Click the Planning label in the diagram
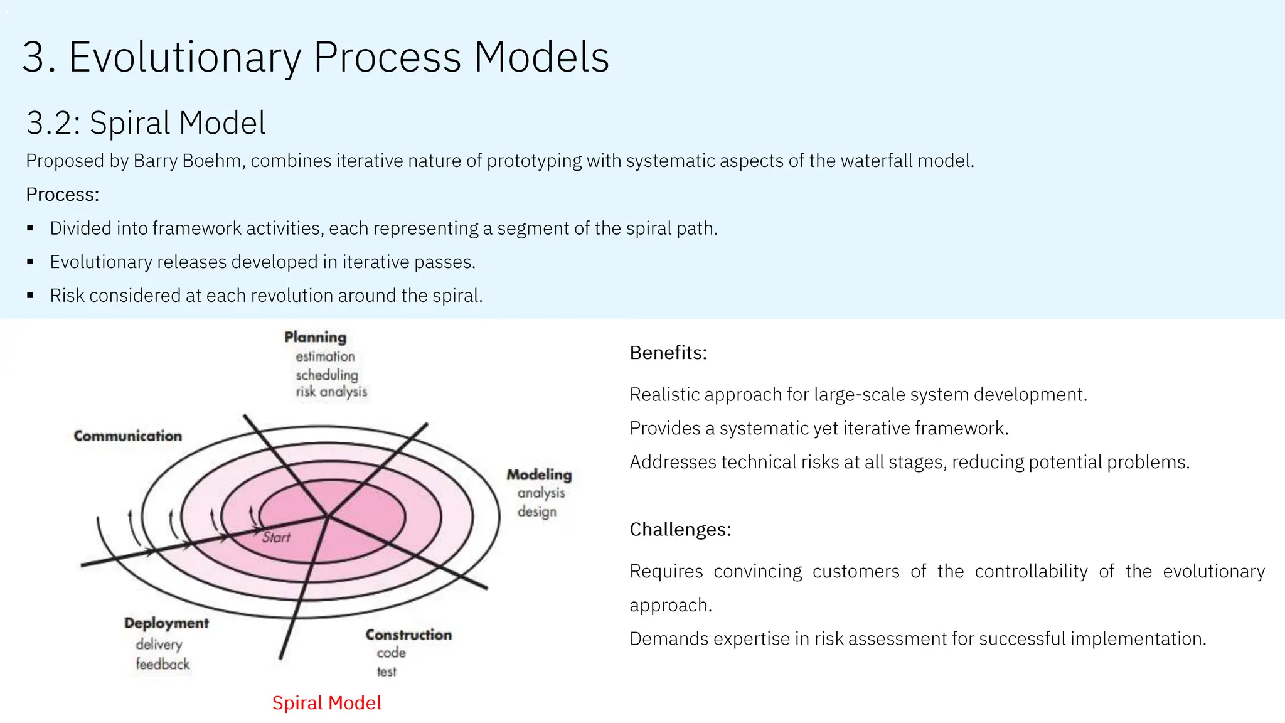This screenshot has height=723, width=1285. tap(315, 337)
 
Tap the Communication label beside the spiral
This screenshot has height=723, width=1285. tap(128, 436)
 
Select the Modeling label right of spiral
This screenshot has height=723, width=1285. tap(539, 474)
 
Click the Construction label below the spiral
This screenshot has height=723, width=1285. tap(408, 635)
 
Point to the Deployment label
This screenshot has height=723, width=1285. tap(166, 623)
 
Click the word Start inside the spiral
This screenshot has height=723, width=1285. tap(276, 537)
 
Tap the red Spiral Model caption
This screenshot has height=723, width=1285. tap(326, 702)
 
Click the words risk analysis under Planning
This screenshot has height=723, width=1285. tap(331, 392)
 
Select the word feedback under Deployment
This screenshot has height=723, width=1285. tap(163, 664)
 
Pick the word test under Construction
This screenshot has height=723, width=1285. tap(387, 672)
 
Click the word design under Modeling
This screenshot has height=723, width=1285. tap(536, 511)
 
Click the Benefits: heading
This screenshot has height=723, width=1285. tap(668, 353)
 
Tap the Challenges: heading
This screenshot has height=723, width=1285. tap(680, 529)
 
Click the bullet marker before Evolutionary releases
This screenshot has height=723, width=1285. tap(30, 262)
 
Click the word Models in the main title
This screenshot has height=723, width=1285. tap(541, 57)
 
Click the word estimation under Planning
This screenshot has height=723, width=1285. tap(325, 356)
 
